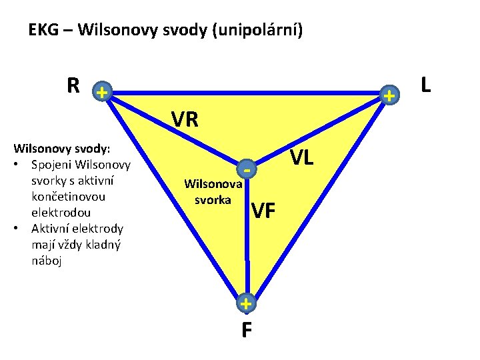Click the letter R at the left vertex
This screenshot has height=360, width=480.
[x=73, y=86]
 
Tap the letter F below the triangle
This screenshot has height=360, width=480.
[x=247, y=330]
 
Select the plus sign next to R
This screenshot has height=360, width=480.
[x=100, y=92]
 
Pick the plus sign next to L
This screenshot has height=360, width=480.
[x=389, y=97]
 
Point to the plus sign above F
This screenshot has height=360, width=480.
[x=246, y=304]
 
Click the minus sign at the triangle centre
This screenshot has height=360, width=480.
[x=247, y=171]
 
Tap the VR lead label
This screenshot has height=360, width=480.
[x=185, y=119]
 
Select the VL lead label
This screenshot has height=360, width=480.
[x=302, y=158]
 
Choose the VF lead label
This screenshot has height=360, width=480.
[x=263, y=211]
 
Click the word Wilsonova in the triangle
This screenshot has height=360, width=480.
[x=213, y=184]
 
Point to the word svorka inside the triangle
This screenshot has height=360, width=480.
[x=213, y=199]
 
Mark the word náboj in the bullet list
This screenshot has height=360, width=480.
[x=47, y=261]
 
